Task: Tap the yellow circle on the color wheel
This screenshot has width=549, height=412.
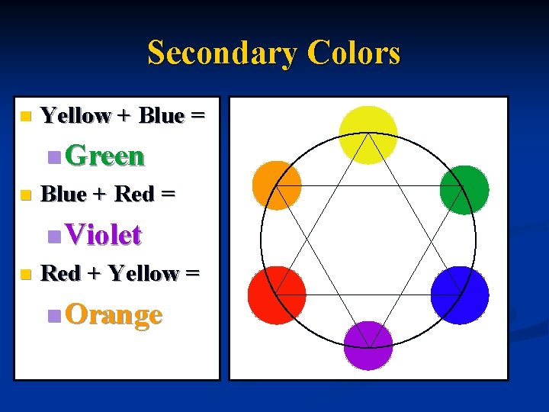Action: (x=368, y=135)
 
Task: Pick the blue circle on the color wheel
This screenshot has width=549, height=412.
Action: (x=459, y=295)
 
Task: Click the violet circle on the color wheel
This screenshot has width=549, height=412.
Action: (x=368, y=345)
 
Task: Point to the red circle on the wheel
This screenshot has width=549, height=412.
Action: (x=277, y=295)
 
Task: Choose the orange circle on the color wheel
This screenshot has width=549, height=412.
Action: (x=277, y=185)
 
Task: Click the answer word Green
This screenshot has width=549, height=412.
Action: (x=104, y=156)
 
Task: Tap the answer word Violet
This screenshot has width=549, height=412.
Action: (x=104, y=235)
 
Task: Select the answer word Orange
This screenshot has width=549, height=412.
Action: (x=114, y=314)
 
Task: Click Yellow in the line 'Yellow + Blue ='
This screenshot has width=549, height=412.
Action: (x=75, y=116)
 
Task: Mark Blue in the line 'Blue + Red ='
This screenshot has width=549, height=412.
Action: (x=63, y=195)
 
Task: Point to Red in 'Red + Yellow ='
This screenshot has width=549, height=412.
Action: (x=59, y=273)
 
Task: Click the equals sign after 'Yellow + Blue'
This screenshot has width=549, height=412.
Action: (x=197, y=117)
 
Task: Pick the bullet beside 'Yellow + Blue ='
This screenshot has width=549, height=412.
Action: (x=25, y=117)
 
